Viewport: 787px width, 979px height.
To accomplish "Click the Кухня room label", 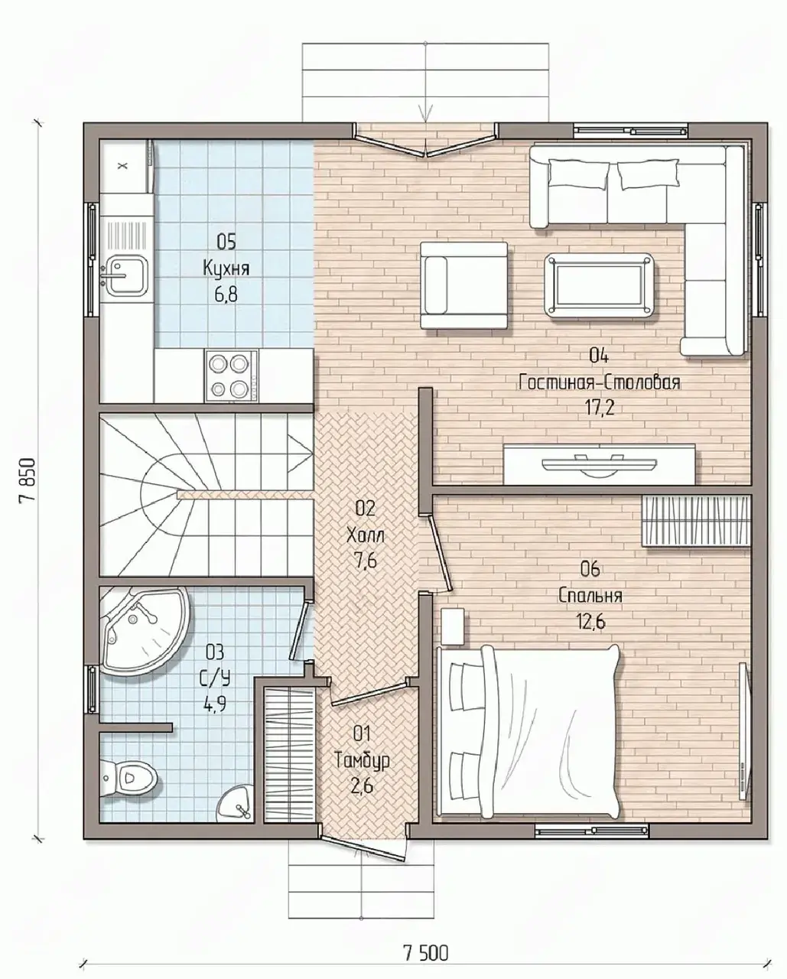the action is [226, 268].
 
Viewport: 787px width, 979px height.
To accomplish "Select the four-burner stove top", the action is [232, 376].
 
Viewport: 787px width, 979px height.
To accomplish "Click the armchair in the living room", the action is [463, 285].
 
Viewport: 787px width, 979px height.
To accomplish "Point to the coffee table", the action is [600, 285].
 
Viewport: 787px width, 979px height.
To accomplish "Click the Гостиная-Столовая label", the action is [600, 382].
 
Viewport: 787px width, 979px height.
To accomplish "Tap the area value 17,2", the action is [600, 408].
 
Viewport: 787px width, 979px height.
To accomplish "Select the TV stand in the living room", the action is [599, 464].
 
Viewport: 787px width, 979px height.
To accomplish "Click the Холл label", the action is [366, 535].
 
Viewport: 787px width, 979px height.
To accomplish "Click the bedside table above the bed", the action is [453, 626].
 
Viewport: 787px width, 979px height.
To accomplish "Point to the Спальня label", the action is [590, 596].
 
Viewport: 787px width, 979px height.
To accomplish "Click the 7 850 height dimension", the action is [28, 480].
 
